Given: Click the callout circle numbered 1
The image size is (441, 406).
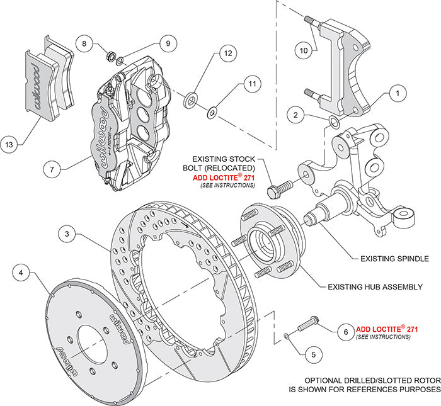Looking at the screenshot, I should point(397,93).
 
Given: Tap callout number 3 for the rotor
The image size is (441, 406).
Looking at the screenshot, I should point(66,234).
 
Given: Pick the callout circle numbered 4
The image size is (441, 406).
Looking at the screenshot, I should point(21,273).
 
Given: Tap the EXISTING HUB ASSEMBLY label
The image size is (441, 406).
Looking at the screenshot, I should point(375,286).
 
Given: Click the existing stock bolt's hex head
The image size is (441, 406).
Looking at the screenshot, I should point(274,189).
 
